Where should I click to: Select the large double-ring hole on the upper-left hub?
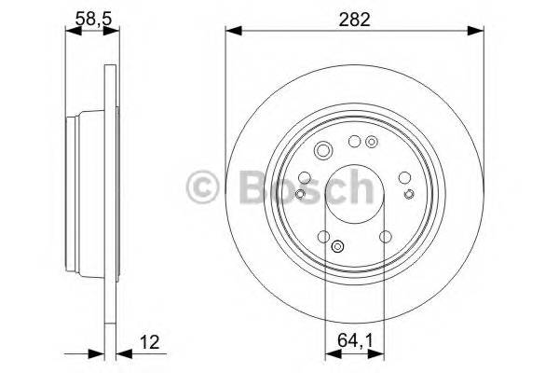(323, 152)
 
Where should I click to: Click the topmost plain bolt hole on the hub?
(354, 142)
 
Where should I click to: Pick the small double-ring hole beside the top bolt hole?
(372, 142)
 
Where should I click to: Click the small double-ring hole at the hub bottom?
(337, 247)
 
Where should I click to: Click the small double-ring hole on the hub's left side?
(300, 193)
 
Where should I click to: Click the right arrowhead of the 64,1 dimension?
(380, 353)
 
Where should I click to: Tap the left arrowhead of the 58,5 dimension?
(70, 31)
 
